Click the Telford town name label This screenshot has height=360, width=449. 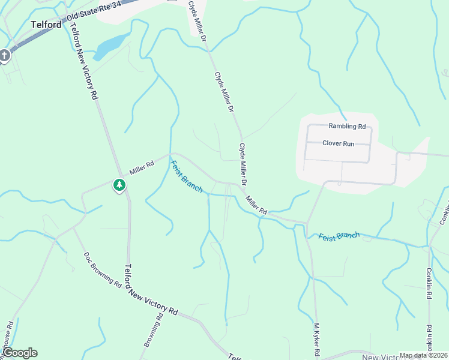tap(46, 25)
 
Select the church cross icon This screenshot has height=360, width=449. tap(4, 56)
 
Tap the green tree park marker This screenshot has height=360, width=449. tap(119, 185)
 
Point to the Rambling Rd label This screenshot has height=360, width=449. tap(347, 127)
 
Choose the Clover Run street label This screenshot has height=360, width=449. tap(339, 143)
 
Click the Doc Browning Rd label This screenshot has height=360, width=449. tap(103, 269)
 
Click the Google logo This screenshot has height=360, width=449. tap(19, 353)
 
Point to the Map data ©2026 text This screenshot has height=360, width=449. tap(423, 355)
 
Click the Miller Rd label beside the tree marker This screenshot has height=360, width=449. tap(142, 164)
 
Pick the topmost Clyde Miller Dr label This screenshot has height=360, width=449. tap(197, 20)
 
